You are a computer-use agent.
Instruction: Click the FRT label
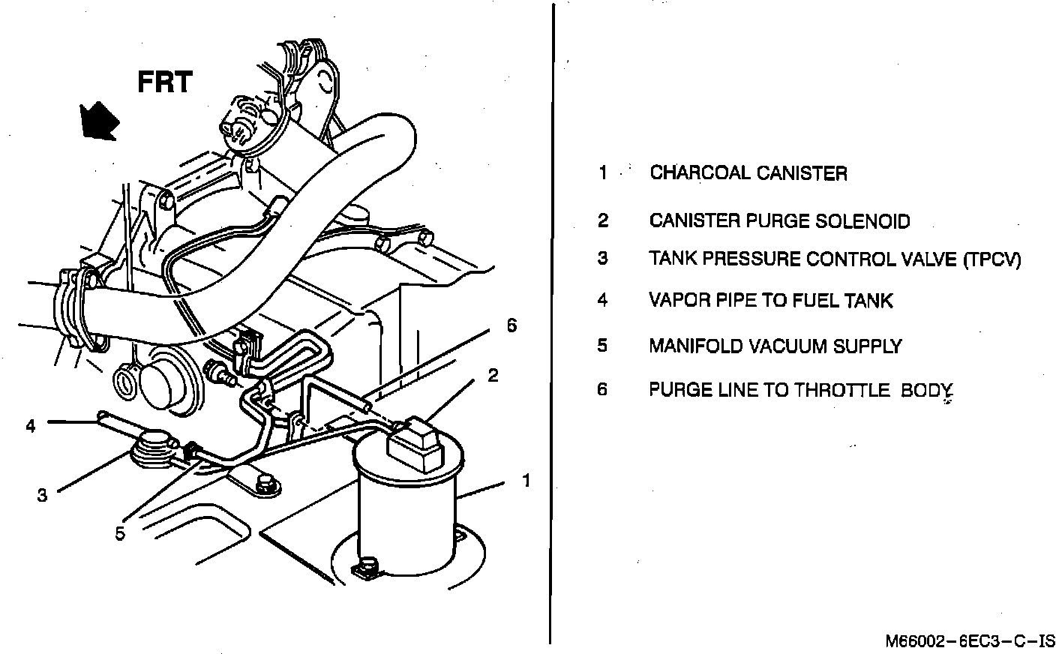click(165, 82)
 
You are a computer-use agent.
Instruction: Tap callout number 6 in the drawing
click(511, 325)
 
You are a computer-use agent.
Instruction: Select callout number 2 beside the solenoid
click(493, 375)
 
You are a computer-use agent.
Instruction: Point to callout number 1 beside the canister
click(526, 480)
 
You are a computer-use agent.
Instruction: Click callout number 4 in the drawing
click(31, 426)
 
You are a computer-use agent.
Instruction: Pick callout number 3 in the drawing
click(42, 495)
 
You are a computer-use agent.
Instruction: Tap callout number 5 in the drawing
click(120, 533)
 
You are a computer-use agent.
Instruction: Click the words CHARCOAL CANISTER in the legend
click(748, 173)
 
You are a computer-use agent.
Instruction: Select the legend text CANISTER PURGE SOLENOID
click(779, 221)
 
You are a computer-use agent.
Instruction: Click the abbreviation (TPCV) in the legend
click(991, 259)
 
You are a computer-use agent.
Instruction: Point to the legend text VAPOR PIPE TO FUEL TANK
click(770, 301)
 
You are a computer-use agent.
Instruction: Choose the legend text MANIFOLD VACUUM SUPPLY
click(775, 346)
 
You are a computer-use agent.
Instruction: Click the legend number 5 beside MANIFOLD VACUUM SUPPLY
click(602, 346)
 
